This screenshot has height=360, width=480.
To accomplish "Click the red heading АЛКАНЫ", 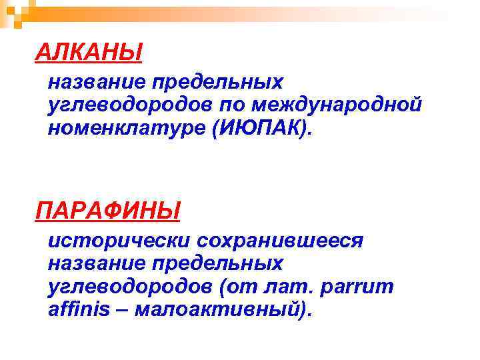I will point(89,51).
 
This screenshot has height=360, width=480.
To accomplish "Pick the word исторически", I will point(113,240).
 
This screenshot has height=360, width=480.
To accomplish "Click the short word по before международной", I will point(237,105).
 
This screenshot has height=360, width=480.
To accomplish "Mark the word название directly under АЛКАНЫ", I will point(94,82).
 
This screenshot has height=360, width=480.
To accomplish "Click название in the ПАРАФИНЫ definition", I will point(94,263).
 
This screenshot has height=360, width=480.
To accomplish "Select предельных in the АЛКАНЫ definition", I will point(218,82).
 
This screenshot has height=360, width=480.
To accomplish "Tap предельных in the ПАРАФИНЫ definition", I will point(218,263).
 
